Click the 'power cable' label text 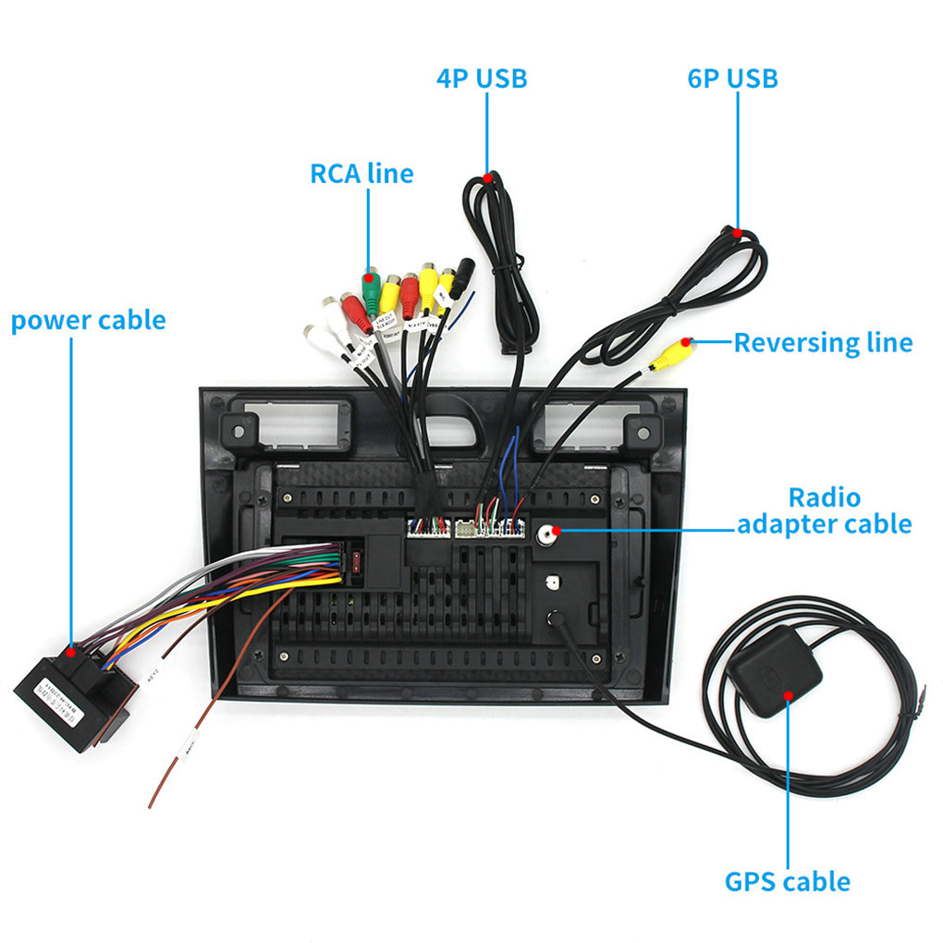coord(88,321)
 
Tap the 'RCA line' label coord(361,173)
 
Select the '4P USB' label coord(482,79)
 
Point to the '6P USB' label coord(732,79)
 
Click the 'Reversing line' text coord(823,343)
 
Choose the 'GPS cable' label coord(787,881)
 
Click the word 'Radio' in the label coord(824,497)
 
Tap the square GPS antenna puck coord(775,670)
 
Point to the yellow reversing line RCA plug coord(672,354)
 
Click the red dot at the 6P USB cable coord(737,233)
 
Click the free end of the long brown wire coord(150,805)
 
